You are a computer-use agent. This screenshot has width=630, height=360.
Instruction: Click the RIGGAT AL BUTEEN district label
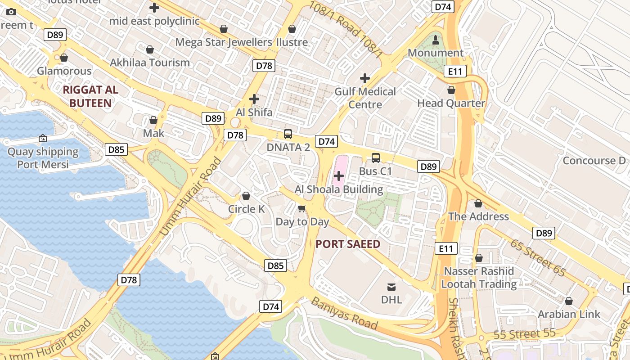coord(90,96)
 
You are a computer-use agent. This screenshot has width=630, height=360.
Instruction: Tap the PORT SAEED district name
coord(348,244)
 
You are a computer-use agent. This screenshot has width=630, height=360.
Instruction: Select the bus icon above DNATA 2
coord(288,134)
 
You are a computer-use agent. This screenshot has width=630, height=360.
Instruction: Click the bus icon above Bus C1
coord(376,158)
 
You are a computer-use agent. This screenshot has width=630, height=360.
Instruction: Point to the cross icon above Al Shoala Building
coord(339,176)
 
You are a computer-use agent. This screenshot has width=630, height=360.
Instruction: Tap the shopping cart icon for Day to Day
coord(302,208)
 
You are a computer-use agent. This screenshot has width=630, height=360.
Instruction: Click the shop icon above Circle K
coord(246,196)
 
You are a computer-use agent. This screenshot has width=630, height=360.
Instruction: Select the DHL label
coord(391,299)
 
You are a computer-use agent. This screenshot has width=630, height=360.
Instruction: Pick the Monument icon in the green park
coord(435,40)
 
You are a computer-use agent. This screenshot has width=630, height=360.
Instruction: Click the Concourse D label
coord(594,161)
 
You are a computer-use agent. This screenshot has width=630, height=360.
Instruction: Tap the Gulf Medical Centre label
coord(365,98)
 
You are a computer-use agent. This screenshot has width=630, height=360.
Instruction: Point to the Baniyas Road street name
coord(344,313)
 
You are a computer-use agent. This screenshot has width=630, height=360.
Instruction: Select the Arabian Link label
coord(569,314)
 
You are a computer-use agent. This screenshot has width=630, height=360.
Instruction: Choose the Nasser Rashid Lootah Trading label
coord(479,278)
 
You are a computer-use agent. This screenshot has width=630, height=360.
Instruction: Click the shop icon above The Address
coord(478,203)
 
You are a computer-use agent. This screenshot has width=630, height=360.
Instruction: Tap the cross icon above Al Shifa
coord(254,99)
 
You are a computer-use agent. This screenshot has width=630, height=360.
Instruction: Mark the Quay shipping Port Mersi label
coord(43,158)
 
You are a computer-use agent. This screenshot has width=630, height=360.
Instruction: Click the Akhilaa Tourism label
coord(150,63)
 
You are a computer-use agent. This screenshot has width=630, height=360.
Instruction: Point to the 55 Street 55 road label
coord(524,334)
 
